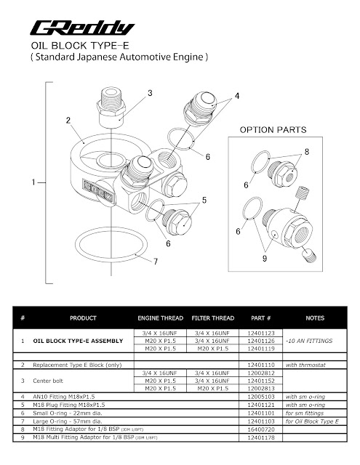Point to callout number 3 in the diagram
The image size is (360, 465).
(x=149, y=93)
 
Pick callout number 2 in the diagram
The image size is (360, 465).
(x=67, y=119)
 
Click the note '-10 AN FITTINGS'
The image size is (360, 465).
(x=309, y=340)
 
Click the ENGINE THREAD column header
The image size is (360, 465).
(x=159, y=318)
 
